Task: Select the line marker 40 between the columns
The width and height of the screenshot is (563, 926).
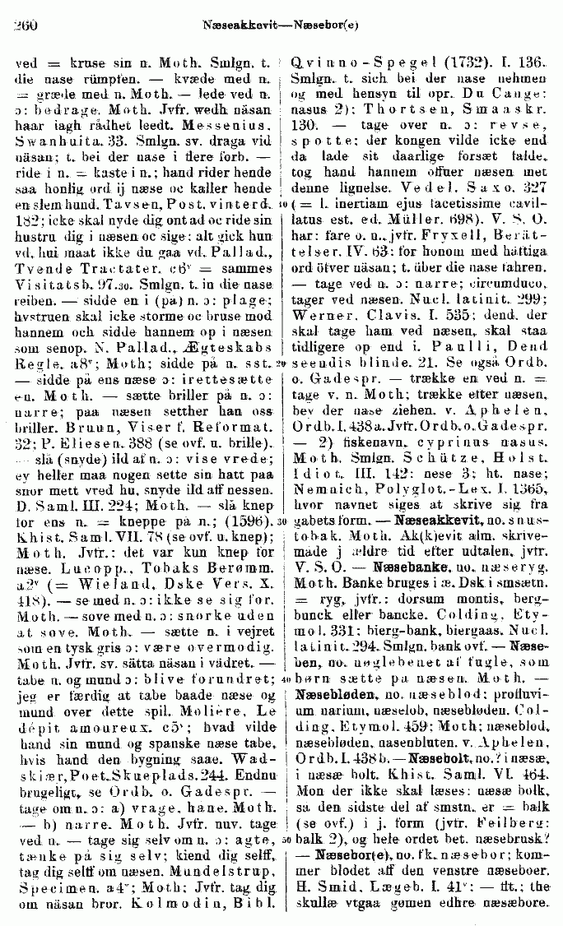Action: click(x=281, y=679)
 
